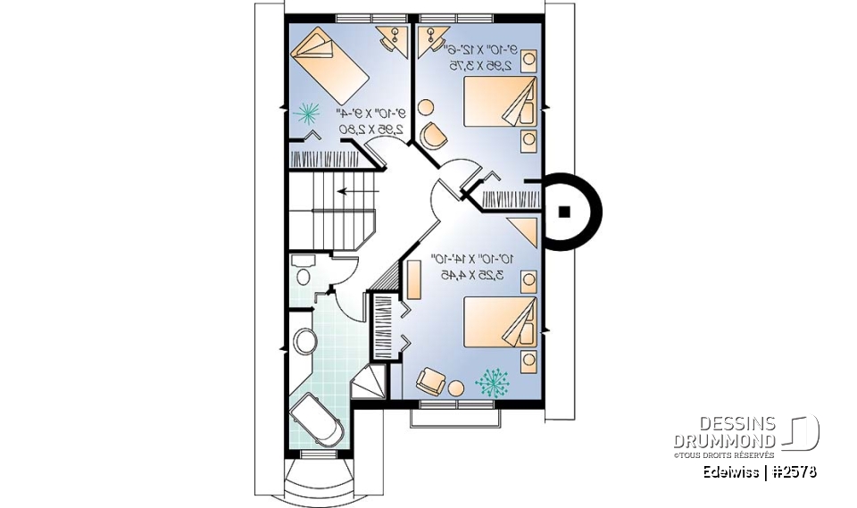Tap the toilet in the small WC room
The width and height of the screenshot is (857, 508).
click(x=303, y=271)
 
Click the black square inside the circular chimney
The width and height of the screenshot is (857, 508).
click(x=564, y=212)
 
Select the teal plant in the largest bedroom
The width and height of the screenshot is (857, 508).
click(x=490, y=381)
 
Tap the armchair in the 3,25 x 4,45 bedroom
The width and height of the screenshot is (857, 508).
click(x=429, y=380)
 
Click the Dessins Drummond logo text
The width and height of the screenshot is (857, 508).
click(x=724, y=432)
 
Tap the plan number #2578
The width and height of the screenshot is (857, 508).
click(x=792, y=472)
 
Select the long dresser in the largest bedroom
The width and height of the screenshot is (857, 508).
click(x=414, y=279)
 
